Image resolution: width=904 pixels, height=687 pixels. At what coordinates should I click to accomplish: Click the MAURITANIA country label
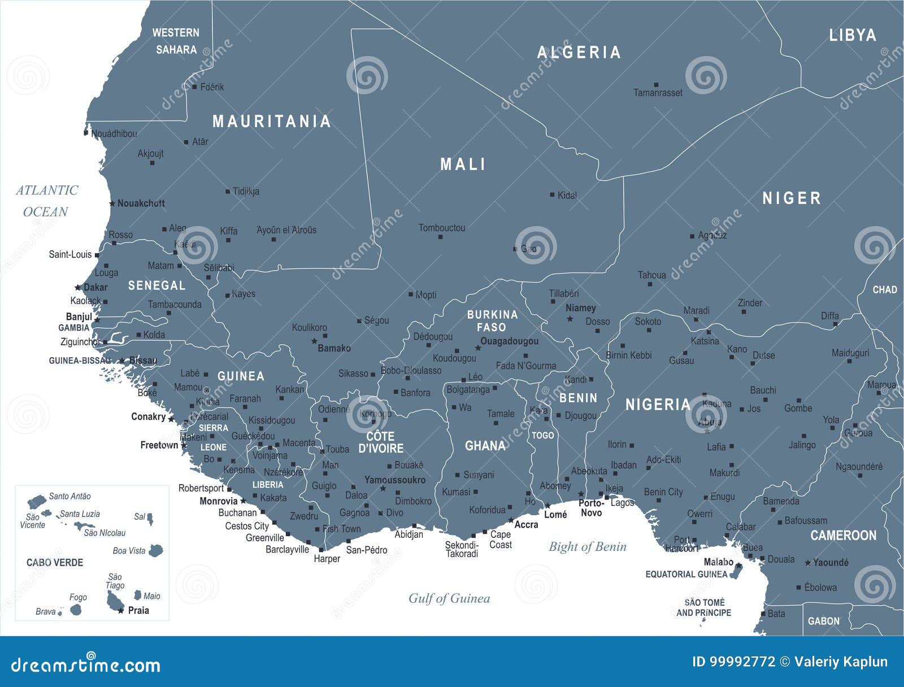click(271, 121)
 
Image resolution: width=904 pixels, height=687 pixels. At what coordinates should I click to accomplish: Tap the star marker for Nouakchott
click(112, 203)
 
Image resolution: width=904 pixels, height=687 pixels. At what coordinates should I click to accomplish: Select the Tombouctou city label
click(442, 228)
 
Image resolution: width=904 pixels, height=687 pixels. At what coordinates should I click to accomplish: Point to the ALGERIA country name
click(579, 53)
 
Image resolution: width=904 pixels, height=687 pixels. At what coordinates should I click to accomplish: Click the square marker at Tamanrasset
click(655, 85)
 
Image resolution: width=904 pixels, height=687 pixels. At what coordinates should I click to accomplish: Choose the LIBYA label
click(852, 35)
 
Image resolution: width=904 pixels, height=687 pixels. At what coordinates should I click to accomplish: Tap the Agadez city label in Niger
click(712, 235)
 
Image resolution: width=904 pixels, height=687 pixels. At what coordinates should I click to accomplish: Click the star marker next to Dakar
click(78, 288)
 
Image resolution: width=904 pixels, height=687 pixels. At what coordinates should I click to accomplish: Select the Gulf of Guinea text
click(449, 598)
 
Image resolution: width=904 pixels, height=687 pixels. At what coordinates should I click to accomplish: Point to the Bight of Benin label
click(588, 546)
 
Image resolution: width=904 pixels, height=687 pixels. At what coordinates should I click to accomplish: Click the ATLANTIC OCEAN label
click(46, 201)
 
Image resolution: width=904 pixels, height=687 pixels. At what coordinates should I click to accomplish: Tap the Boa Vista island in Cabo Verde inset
click(156, 550)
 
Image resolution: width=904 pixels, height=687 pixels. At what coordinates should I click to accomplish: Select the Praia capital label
click(138, 610)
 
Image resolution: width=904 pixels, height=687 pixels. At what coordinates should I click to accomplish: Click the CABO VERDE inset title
click(55, 562)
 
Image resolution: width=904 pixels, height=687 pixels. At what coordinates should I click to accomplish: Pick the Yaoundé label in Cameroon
click(831, 562)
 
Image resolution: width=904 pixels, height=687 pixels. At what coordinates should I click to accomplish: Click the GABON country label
click(823, 621)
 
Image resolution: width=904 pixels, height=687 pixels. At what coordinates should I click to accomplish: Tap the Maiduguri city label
click(850, 353)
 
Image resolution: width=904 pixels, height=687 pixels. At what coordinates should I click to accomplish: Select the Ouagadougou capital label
click(509, 341)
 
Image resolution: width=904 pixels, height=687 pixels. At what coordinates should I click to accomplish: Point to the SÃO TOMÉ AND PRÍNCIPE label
click(703, 607)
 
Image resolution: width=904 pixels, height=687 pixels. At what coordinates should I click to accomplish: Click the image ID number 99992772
click(733, 662)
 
